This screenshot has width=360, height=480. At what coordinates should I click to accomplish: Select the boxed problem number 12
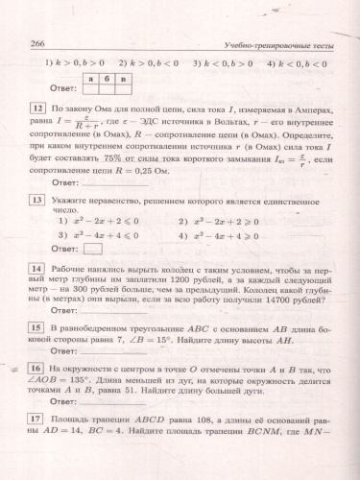point(37,110)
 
